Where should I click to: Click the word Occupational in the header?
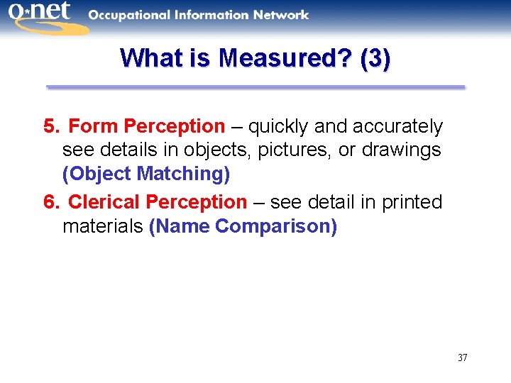(x=131, y=14)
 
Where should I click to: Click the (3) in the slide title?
(x=375, y=58)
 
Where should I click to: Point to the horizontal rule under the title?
(x=255, y=87)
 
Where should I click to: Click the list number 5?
(x=49, y=127)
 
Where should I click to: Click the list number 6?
(x=49, y=203)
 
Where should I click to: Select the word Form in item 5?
(x=93, y=127)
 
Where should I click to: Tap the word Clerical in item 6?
(x=104, y=203)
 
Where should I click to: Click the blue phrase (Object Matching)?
(x=146, y=174)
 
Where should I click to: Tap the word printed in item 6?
(x=412, y=203)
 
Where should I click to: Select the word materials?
(x=103, y=226)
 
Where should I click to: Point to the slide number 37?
(x=462, y=357)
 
